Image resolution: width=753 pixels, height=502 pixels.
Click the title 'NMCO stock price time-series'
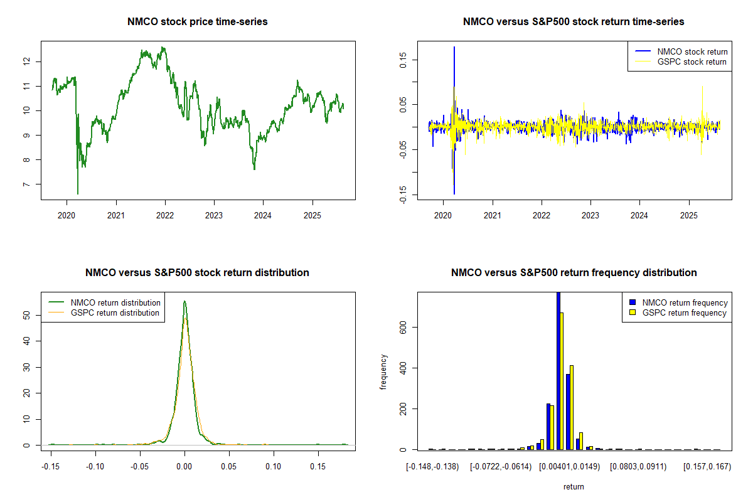coord(198,22)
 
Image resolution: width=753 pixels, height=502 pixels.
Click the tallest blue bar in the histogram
coord(558,370)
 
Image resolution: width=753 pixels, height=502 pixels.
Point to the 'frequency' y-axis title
coord(383,371)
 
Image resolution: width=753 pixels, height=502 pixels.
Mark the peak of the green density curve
coord(184,301)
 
